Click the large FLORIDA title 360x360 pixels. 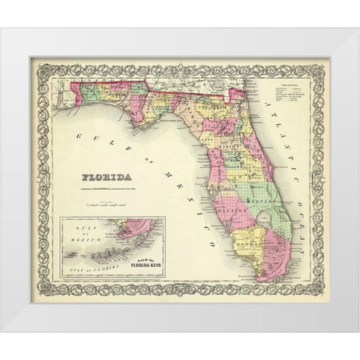103,178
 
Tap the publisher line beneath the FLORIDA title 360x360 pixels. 105,189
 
